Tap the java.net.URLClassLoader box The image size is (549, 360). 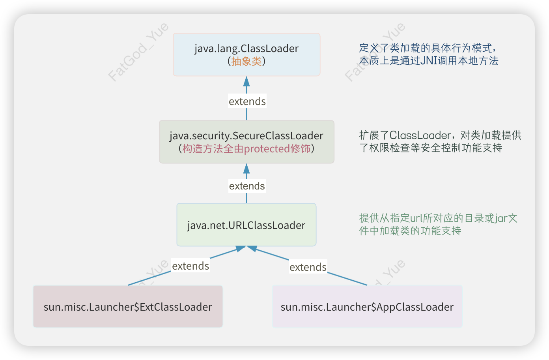(x=246, y=225)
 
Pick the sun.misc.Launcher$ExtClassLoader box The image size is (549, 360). (x=128, y=307)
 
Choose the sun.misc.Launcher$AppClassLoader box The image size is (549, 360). (x=367, y=307)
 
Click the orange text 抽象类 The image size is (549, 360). (x=246, y=61)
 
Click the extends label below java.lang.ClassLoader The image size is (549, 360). (x=247, y=101)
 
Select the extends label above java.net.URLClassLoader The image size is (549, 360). (x=247, y=186)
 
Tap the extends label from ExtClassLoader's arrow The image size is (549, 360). (x=190, y=266)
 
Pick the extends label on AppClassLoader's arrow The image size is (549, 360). (x=308, y=267)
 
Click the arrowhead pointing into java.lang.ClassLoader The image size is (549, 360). (x=246, y=81)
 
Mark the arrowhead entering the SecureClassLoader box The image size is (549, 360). (x=246, y=169)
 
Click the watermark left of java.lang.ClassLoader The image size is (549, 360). (x=138, y=52)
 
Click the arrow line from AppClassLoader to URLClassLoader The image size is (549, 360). (x=347, y=278)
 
